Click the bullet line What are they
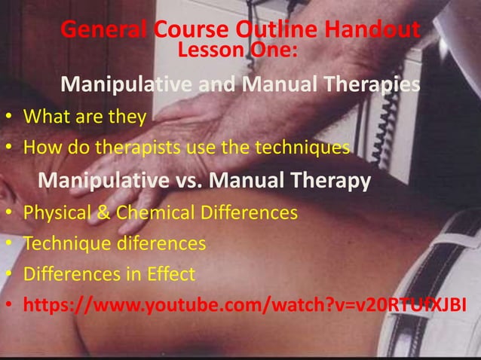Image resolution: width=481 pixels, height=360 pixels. (84, 117)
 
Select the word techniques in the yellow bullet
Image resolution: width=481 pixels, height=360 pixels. (306, 146)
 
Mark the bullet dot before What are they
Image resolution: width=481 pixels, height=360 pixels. (7, 118)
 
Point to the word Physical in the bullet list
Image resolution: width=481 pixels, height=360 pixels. (55, 213)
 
